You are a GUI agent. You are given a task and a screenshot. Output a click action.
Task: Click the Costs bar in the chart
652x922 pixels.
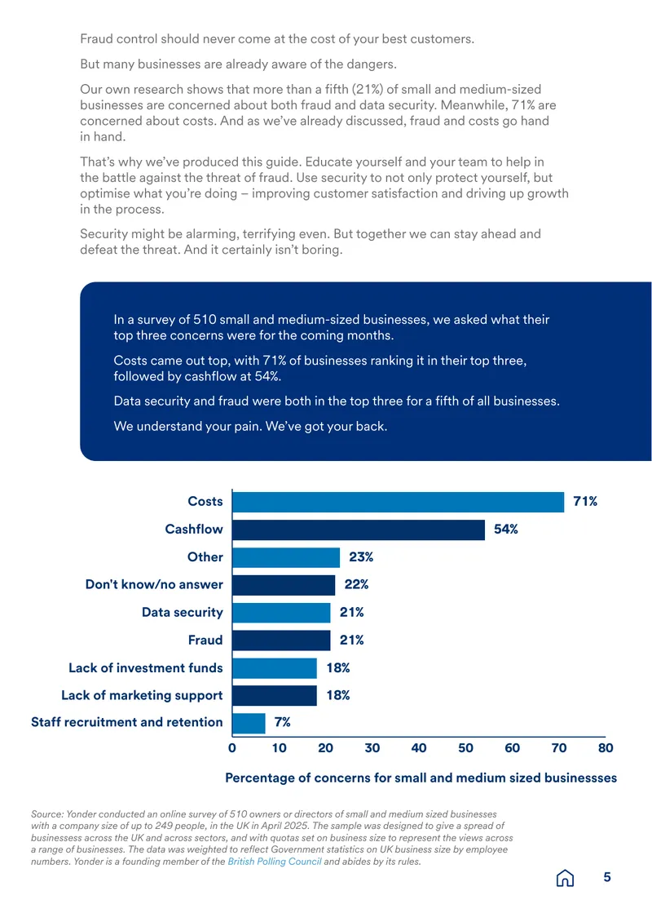(399, 502)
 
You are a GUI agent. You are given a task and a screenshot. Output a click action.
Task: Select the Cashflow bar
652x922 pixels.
(359, 530)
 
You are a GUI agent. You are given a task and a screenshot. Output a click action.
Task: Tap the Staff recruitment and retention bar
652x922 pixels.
(249, 723)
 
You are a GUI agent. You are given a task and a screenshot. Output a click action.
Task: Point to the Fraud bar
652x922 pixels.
(281, 641)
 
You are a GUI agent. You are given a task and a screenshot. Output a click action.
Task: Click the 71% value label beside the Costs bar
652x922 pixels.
(585, 502)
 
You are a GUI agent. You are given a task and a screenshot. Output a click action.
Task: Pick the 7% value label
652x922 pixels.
(283, 722)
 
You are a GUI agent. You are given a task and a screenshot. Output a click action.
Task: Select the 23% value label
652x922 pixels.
(361, 556)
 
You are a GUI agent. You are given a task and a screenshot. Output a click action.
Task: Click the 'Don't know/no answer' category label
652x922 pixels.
(154, 584)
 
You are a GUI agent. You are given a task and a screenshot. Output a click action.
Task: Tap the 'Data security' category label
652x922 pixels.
(182, 613)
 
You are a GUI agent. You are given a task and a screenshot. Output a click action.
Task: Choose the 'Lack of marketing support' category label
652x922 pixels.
(142, 696)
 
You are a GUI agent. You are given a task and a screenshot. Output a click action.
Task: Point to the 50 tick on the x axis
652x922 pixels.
(466, 748)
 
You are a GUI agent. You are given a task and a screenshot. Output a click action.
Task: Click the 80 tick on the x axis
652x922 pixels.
(606, 748)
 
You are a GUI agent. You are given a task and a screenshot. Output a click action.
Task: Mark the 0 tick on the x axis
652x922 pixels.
(232, 748)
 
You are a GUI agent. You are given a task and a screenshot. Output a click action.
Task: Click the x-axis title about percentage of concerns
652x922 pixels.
(421, 778)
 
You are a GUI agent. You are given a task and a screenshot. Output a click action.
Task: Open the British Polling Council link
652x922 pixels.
(275, 862)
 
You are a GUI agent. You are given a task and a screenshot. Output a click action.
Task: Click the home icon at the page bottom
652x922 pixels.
(565, 878)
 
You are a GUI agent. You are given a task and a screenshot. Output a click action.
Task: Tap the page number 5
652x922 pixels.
(607, 877)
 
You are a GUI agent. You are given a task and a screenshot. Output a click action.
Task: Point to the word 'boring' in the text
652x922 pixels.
(321, 250)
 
